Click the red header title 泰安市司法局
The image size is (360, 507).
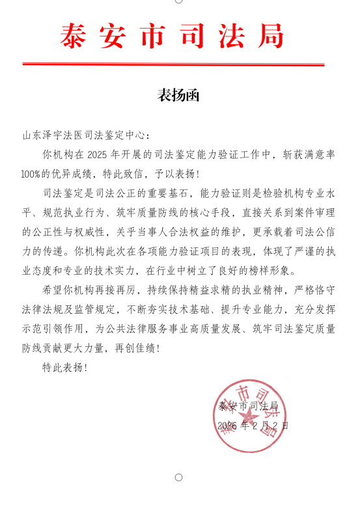[x=173, y=36]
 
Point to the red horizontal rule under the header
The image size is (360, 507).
[x=173, y=64]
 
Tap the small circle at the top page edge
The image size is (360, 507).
[x=179, y=2]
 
